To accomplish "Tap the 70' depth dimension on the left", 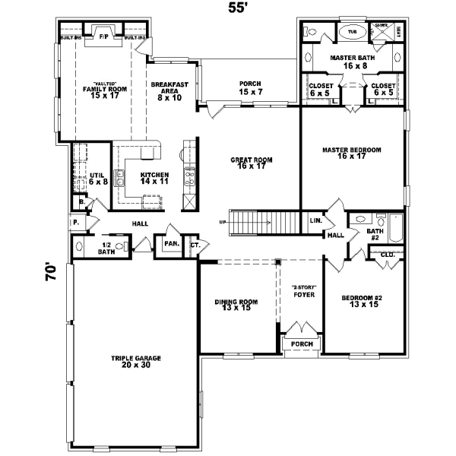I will [x=50, y=272].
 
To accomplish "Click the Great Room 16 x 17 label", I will [x=252, y=163].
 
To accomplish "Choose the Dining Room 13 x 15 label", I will [x=236, y=305].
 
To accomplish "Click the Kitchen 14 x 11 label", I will [x=154, y=179].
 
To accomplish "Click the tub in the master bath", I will [x=352, y=32].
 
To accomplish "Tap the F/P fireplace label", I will [x=104, y=35].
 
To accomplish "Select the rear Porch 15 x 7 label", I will [x=249, y=88].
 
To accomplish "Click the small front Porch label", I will [x=302, y=344].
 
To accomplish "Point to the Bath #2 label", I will [x=375, y=233].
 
